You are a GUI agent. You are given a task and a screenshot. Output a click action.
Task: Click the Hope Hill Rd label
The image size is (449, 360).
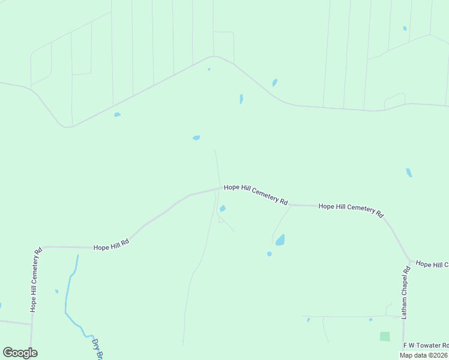point(111,246)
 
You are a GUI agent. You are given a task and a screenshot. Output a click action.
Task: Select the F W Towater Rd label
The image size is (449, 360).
point(426,346)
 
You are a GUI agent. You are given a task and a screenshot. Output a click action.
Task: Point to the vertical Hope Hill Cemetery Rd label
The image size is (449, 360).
point(35,280)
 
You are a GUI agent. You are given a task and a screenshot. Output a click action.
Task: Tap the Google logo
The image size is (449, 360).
point(20,353)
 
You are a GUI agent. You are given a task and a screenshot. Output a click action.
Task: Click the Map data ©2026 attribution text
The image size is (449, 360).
point(424,355)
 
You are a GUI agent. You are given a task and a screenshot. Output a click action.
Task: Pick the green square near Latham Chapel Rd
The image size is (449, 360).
point(385,337)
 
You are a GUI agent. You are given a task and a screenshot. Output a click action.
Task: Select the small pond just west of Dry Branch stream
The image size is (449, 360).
point(57,292)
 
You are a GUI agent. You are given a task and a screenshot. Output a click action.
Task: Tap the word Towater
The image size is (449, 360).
point(430,346)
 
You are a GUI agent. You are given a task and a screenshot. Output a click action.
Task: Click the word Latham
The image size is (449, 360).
point(405,308)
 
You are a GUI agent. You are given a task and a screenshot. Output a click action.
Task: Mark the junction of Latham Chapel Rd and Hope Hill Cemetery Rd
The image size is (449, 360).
point(410,262)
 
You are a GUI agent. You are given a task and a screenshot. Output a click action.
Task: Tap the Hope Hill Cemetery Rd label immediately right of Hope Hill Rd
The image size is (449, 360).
point(256,194)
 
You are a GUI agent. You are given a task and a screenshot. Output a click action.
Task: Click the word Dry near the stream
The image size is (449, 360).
point(94,344)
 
